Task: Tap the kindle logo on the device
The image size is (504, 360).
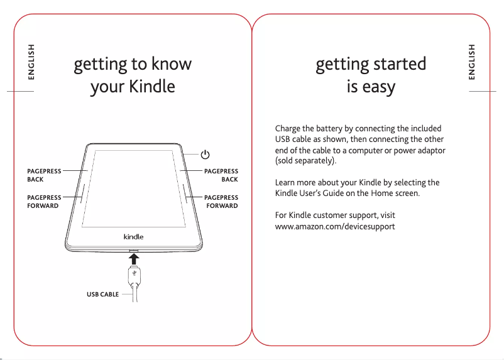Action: [x=133, y=237]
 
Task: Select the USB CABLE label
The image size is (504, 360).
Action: [x=102, y=294]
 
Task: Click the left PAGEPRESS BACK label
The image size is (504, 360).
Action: [x=44, y=175]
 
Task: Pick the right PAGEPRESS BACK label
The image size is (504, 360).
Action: [x=221, y=175]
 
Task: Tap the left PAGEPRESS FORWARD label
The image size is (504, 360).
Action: [x=44, y=202]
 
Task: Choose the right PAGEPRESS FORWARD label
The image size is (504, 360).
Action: [x=221, y=202]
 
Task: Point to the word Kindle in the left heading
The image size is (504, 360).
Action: [x=151, y=86]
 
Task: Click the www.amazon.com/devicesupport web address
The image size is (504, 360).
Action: [x=335, y=226]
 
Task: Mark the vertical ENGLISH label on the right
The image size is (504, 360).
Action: [x=472, y=62]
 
